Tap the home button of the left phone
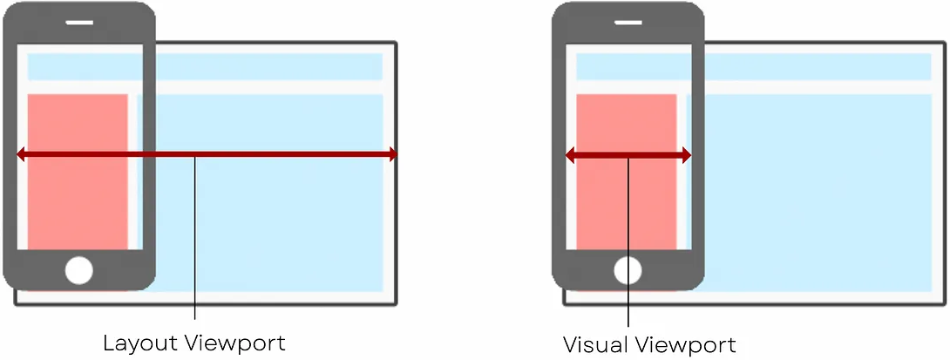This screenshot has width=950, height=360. (x=78, y=271)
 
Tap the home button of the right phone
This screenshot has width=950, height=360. (x=628, y=271)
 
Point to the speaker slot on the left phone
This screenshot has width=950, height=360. (x=78, y=21)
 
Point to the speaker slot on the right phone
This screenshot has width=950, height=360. (x=628, y=21)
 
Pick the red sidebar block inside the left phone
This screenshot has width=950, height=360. (x=78, y=200)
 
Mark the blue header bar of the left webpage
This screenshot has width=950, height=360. (x=261, y=66)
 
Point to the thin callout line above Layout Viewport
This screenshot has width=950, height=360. (x=195, y=244)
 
